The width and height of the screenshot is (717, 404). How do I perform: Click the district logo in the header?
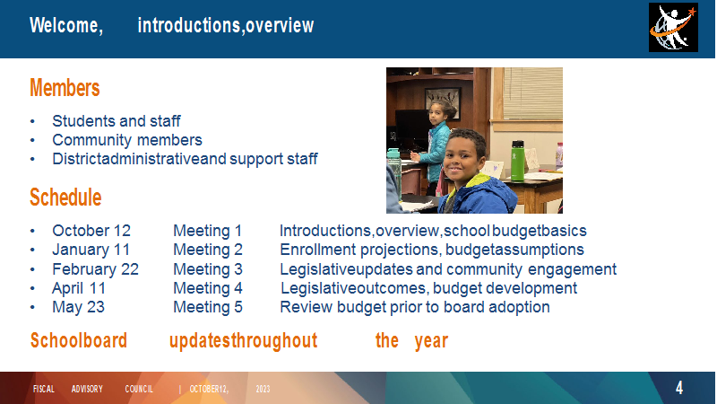click(x=673, y=28)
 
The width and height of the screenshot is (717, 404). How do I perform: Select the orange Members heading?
click(x=65, y=87)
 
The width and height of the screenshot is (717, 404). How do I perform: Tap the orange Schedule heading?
click(x=65, y=198)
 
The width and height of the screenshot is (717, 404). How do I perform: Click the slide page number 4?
click(x=679, y=388)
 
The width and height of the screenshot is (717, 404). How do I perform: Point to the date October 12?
click(x=91, y=231)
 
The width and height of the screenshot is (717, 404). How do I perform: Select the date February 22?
click(x=95, y=268)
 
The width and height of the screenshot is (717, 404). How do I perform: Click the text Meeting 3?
click(x=208, y=268)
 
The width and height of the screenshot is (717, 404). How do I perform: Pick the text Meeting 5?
click(x=208, y=307)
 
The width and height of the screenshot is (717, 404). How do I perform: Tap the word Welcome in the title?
click(x=66, y=25)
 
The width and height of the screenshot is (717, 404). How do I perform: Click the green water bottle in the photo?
click(x=518, y=161)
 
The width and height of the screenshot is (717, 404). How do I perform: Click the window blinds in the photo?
click(x=532, y=93)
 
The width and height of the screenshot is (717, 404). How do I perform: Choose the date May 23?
click(x=78, y=307)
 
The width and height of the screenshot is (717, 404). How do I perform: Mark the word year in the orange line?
click(x=431, y=341)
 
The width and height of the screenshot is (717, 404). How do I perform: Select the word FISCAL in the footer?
click(x=44, y=389)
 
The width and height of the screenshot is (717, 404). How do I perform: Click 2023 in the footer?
click(x=263, y=389)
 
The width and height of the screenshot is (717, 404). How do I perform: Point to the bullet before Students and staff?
click(x=32, y=122)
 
